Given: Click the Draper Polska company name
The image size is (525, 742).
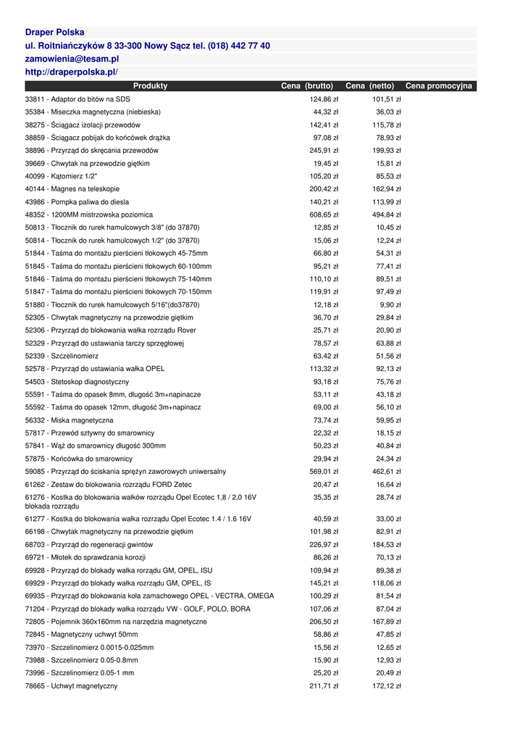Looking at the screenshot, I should pyautogui.click(x=54, y=33).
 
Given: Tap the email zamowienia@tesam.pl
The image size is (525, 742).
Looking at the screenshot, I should pyautogui.click(x=72, y=59).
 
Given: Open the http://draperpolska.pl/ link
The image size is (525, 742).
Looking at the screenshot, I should pyautogui.click(x=71, y=72).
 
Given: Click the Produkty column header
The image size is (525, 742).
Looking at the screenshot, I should pyautogui.click(x=150, y=86).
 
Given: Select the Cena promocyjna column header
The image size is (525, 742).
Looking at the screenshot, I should pyautogui.click(x=438, y=86).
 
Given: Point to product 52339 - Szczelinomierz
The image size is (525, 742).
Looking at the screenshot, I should pyautogui.click(x=62, y=357).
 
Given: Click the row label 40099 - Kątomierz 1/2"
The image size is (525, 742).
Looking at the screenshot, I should pyautogui.click(x=61, y=177).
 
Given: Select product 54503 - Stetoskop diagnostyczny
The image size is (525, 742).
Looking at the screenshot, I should pyautogui.click(x=77, y=382).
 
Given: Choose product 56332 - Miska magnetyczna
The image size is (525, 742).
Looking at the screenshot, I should pyautogui.click(x=69, y=420).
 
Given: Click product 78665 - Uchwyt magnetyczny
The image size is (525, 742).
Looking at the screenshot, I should pyautogui.click(x=71, y=686).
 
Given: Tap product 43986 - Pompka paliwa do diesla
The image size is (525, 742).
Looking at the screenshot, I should pyautogui.click(x=77, y=202).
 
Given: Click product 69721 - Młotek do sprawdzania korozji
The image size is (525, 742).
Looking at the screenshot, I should pyautogui.click(x=85, y=558).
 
